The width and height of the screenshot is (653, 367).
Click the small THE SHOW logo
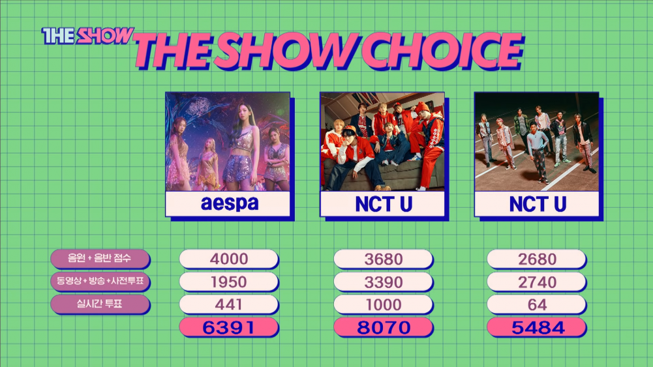click(x=87, y=36)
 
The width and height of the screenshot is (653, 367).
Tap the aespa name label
click(x=228, y=204)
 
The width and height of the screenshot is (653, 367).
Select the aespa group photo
click(x=228, y=142)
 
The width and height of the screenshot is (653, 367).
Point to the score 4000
click(x=228, y=259)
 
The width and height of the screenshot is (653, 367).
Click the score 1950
click(x=228, y=282)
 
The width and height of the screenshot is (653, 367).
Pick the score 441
click(x=228, y=304)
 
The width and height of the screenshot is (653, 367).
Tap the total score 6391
click(x=228, y=327)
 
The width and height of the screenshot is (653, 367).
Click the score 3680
click(x=383, y=259)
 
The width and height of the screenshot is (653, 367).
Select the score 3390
click(x=383, y=282)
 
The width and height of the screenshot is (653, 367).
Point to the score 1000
click(x=383, y=304)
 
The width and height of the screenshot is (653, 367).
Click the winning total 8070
click(x=383, y=327)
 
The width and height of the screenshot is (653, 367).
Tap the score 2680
click(x=537, y=259)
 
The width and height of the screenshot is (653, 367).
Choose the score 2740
click(x=537, y=282)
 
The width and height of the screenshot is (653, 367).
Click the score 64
click(x=537, y=304)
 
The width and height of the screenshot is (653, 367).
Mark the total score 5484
click(x=537, y=327)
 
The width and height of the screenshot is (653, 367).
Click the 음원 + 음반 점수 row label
click(x=100, y=259)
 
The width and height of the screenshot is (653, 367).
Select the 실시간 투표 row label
click(x=100, y=304)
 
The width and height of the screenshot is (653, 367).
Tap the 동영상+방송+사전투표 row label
click(x=100, y=282)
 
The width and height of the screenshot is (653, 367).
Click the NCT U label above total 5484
click(x=537, y=204)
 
